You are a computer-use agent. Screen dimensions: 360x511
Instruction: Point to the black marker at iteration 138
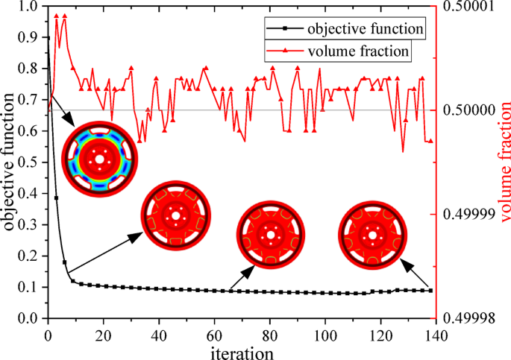(x=430, y=291)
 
